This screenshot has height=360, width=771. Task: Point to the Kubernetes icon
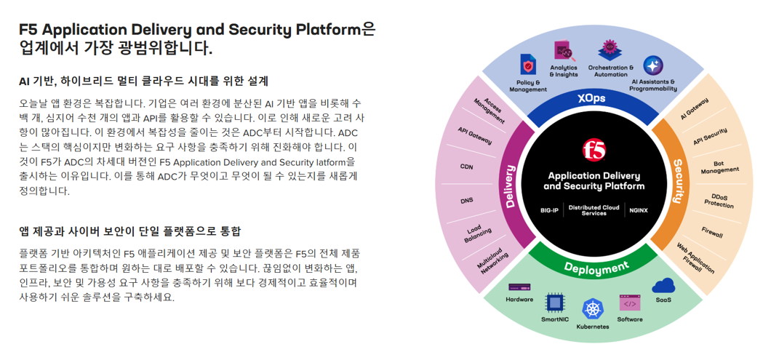point(593,309)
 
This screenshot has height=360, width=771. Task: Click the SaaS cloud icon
point(663,286)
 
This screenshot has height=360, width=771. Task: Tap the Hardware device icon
point(519,288)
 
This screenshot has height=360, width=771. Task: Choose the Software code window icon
point(629,303)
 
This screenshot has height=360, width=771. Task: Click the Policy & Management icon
point(529,65)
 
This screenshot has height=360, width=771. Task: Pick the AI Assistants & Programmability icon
point(652,66)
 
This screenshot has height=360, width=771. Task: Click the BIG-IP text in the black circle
point(549,210)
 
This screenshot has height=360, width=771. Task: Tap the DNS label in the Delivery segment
point(467,200)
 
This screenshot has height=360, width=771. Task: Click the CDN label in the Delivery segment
point(466,167)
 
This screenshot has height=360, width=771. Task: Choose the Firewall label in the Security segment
point(712,233)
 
